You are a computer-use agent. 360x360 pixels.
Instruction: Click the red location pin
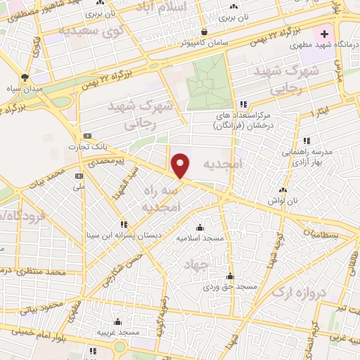point(181,165)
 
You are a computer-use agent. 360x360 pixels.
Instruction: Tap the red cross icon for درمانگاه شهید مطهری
point(324,34)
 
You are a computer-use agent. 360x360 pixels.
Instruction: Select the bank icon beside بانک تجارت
point(87,136)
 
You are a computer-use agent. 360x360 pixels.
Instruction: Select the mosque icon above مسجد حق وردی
point(229,276)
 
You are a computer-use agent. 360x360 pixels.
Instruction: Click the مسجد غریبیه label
point(116,331)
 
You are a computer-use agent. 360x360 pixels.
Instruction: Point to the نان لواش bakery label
point(283,201)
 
